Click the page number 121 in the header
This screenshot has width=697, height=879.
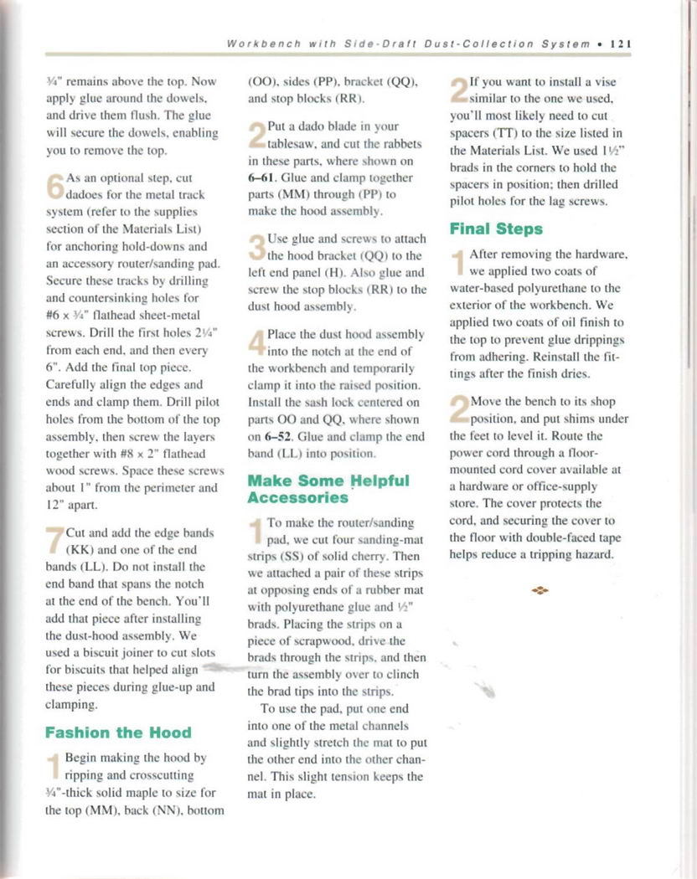pos(621,44)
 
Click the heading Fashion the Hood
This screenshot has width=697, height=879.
pos(118,732)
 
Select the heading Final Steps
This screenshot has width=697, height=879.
pos(496,229)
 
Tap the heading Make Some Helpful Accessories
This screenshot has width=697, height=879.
pos(328,489)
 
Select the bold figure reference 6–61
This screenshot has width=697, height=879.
pos(264,178)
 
